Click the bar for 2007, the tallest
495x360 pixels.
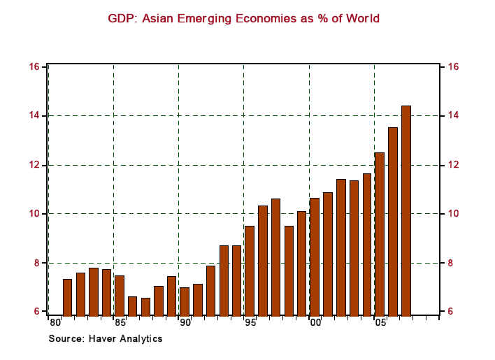(406, 210)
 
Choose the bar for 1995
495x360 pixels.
(250, 270)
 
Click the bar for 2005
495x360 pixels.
(380, 233)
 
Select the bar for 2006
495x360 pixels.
(393, 221)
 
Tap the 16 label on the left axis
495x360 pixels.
(33, 66)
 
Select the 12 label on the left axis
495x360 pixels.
(33, 165)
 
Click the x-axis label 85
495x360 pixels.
(120, 323)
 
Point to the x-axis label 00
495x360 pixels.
(315, 323)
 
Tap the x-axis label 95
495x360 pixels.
(250, 323)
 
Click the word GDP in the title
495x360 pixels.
(121, 18)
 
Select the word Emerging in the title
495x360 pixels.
(205, 18)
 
